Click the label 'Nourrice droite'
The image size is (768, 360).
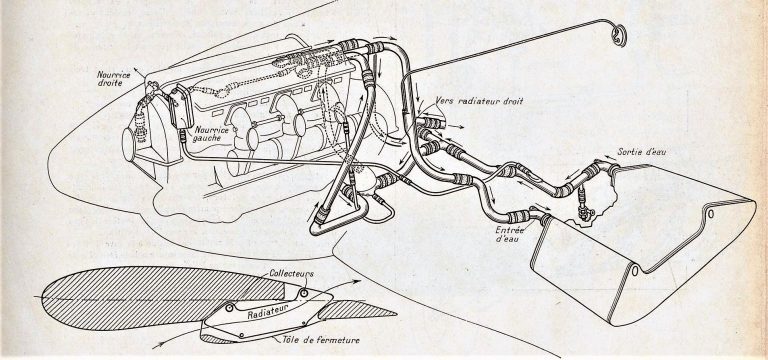pyautogui.click(x=114, y=79)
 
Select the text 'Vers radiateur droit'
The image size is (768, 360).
pyautogui.click(x=480, y=101)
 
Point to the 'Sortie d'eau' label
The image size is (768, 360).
pyautogui.click(x=642, y=152)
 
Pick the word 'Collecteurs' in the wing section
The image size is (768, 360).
pyautogui.click(x=291, y=274)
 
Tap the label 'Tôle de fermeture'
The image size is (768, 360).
pyautogui.click(x=321, y=340)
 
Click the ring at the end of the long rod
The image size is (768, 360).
pyautogui.click(x=620, y=35)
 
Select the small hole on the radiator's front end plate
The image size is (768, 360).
pyautogui.click(x=635, y=270)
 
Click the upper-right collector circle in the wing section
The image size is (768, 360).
pyautogui.click(x=304, y=293)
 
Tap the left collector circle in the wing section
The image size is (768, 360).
pyautogui.click(x=229, y=308)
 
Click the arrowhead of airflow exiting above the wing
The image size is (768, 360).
pyautogui.click(x=357, y=282)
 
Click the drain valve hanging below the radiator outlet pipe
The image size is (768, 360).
pyautogui.click(x=584, y=207)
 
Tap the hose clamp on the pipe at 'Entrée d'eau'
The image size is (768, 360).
pyautogui.click(x=518, y=216)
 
